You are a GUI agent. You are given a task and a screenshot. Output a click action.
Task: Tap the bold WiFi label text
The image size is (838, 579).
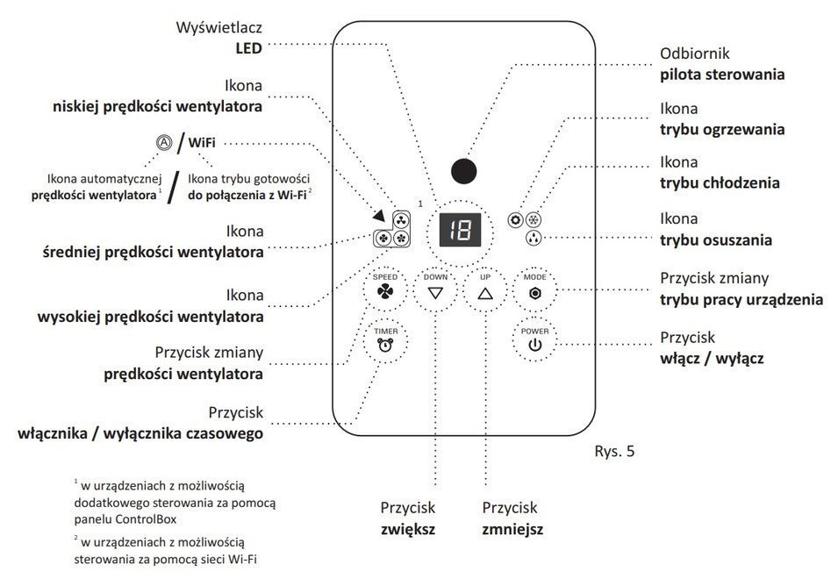coord(203,141)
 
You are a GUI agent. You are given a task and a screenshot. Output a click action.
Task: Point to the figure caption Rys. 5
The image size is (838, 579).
coord(613,453)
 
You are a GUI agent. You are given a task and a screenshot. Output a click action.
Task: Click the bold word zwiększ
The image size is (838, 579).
coord(408,530)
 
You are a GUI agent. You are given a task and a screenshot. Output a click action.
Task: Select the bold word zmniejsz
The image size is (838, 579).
coord(512,530)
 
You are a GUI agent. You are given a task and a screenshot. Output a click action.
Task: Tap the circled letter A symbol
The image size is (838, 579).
coord(162,142)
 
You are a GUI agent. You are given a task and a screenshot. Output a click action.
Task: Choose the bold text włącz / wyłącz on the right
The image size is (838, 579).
coord(712,359)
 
